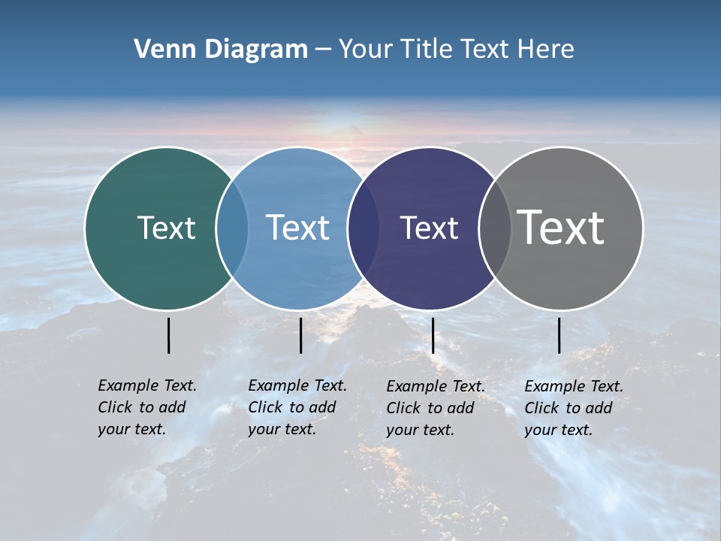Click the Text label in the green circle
(x=166, y=228)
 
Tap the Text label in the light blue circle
(x=297, y=228)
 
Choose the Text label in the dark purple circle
(x=429, y=228)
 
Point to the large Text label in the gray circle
(x=561, y=227)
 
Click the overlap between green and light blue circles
(x=232, y=228)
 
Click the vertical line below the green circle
(x=168, y=335)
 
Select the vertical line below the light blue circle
(x=300, y=335)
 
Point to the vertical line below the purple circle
(x=433, y=335)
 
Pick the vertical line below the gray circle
(x=559, y=335)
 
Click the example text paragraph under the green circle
(x=146, y=407)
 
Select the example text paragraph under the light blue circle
(x=297, y=407)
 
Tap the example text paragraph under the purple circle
(x=435, y=408)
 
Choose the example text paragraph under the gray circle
(x=573, y=408)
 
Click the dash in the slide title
(x=322, y=50)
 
